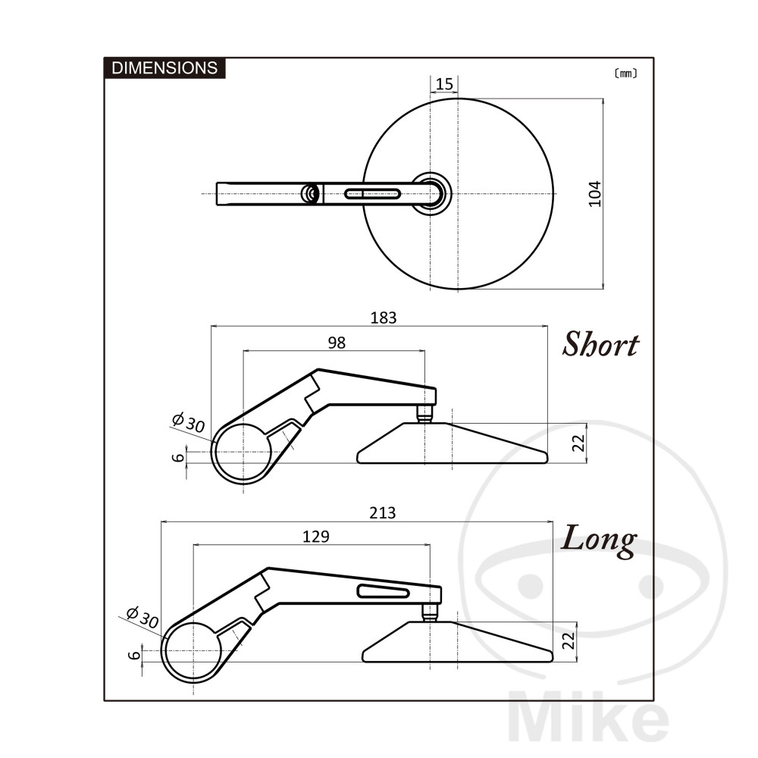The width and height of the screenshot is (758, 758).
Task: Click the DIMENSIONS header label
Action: click(x=164, y=67)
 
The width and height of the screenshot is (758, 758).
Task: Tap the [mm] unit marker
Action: click(x=625, y=73)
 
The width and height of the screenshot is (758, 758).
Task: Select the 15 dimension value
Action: click(x=444, y=84)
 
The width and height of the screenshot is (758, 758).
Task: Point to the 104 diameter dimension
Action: click(x=595, y=194)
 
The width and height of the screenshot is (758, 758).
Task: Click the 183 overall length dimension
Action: click(x=384, y=318)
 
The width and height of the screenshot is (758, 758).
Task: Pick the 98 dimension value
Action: click(x=337, y=343)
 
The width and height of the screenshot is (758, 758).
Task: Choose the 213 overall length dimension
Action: click(x=382, y=512)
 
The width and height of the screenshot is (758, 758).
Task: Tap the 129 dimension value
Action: click(x=315, y=536)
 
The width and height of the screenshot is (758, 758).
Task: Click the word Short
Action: click(x=600, y=344)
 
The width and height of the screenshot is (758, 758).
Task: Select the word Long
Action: click(x=599, y=540)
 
